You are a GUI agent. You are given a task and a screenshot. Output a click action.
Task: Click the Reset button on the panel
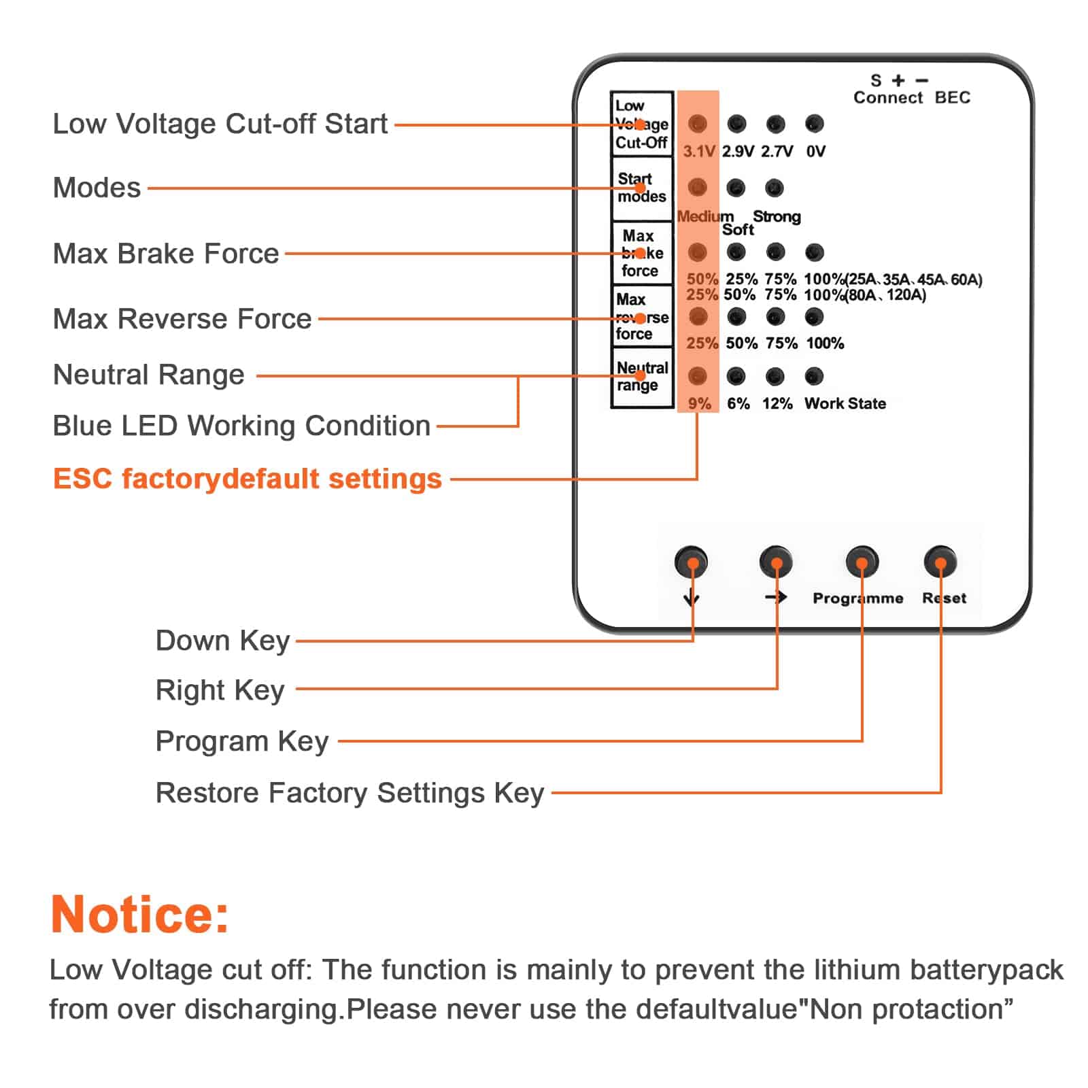[940, 562]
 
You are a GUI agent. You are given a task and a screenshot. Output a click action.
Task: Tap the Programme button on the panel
[862, 562]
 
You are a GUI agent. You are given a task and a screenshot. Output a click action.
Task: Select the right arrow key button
[776, 562]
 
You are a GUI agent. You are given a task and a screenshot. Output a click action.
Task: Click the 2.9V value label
[738, 151]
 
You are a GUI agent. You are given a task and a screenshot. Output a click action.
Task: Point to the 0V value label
[815, 151]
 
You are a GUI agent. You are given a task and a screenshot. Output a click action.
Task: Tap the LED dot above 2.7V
[775, 124]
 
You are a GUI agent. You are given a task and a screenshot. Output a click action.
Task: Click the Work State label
[845, 403]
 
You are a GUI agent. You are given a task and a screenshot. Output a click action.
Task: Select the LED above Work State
[814, 376]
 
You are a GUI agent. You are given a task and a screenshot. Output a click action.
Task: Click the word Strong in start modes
[777, 216]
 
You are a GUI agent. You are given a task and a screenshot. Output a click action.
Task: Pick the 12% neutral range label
[777, 403]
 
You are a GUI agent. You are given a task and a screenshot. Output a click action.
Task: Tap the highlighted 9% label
[699, 403]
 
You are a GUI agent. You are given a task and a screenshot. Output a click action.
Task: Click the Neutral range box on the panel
[642, 377]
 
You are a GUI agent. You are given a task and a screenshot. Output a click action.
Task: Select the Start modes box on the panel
[642, 188]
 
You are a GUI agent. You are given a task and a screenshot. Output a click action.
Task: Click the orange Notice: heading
[140, 914]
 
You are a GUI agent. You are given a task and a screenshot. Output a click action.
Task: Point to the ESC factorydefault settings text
[248, 479]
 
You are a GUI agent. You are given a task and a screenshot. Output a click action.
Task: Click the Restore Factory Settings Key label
[350, 793]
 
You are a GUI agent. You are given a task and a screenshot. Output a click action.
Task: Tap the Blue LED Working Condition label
[241, 426]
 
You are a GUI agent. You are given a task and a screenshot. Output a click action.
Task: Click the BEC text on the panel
[952, 98]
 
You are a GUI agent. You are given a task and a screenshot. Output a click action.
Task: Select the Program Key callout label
[242, 741]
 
